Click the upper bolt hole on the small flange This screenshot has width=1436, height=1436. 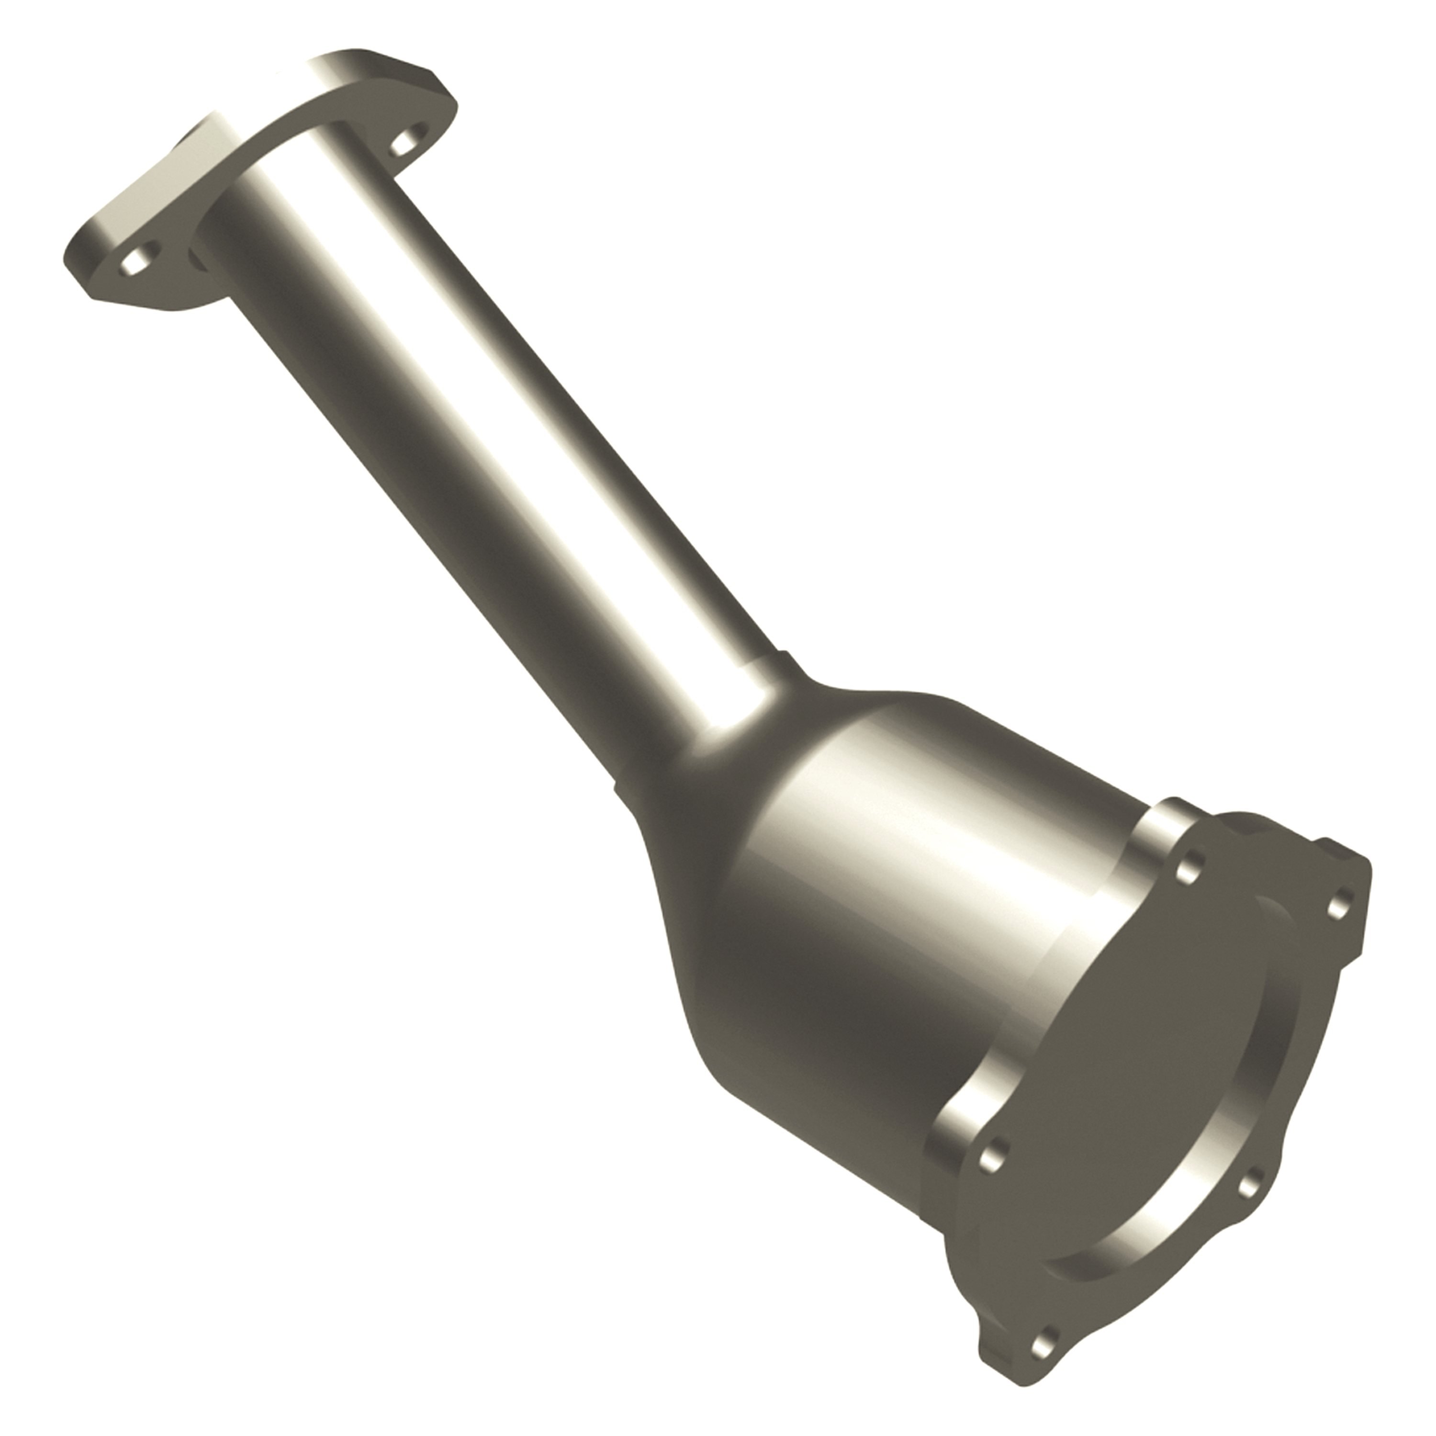404,141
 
